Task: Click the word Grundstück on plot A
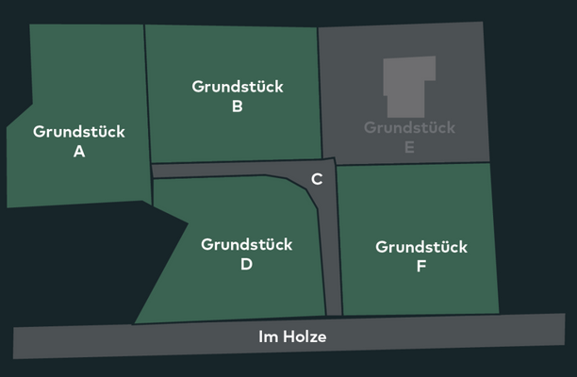79,132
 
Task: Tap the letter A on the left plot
79,152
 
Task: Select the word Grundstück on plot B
238,87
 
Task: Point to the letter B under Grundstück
238,107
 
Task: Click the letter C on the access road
318,179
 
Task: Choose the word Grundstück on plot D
247,244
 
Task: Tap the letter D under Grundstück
247,265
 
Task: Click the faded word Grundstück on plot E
409,127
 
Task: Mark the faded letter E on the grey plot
409,147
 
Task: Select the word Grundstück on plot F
421,247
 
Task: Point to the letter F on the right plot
421,267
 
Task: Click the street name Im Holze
292,336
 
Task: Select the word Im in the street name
267,336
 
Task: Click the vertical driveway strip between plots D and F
332,273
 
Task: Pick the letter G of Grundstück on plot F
382,247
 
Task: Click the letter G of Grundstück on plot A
39,132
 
